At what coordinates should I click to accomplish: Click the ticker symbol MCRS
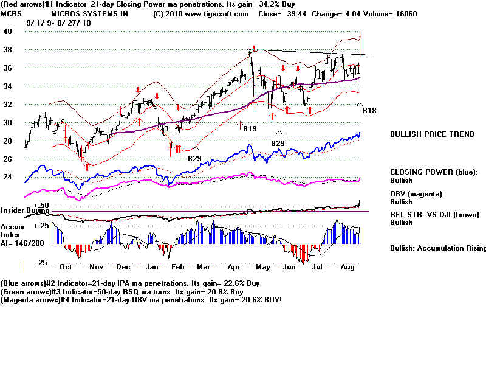(x=12, y=13)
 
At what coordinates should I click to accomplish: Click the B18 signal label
(x=370, y=111)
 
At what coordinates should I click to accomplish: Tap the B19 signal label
(x=249, y=129)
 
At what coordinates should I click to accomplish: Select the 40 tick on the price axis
(x=9, y=32)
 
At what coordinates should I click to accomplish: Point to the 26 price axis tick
(x=9, y=159)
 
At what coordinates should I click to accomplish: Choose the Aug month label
(x=347, y=267)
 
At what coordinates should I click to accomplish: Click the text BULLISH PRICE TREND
(x=432, y=134)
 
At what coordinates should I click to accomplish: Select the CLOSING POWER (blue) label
(x=434, y=172)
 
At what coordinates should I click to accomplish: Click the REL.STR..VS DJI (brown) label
(x=437, y=215)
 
